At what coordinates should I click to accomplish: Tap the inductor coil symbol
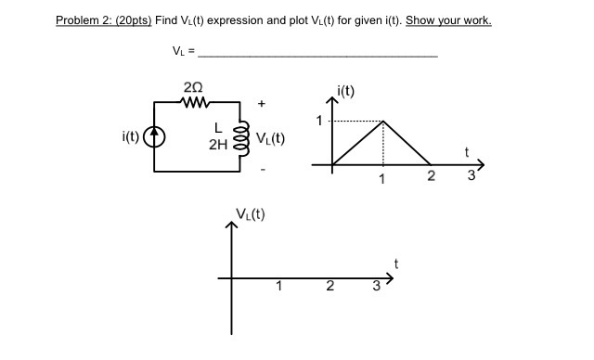246,140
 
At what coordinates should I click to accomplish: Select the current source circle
157,139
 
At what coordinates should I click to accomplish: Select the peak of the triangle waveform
382,121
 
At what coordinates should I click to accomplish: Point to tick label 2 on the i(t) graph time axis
430,177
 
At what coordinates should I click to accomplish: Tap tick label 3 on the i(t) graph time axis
471,177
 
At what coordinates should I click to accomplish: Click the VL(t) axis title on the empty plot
249,215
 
